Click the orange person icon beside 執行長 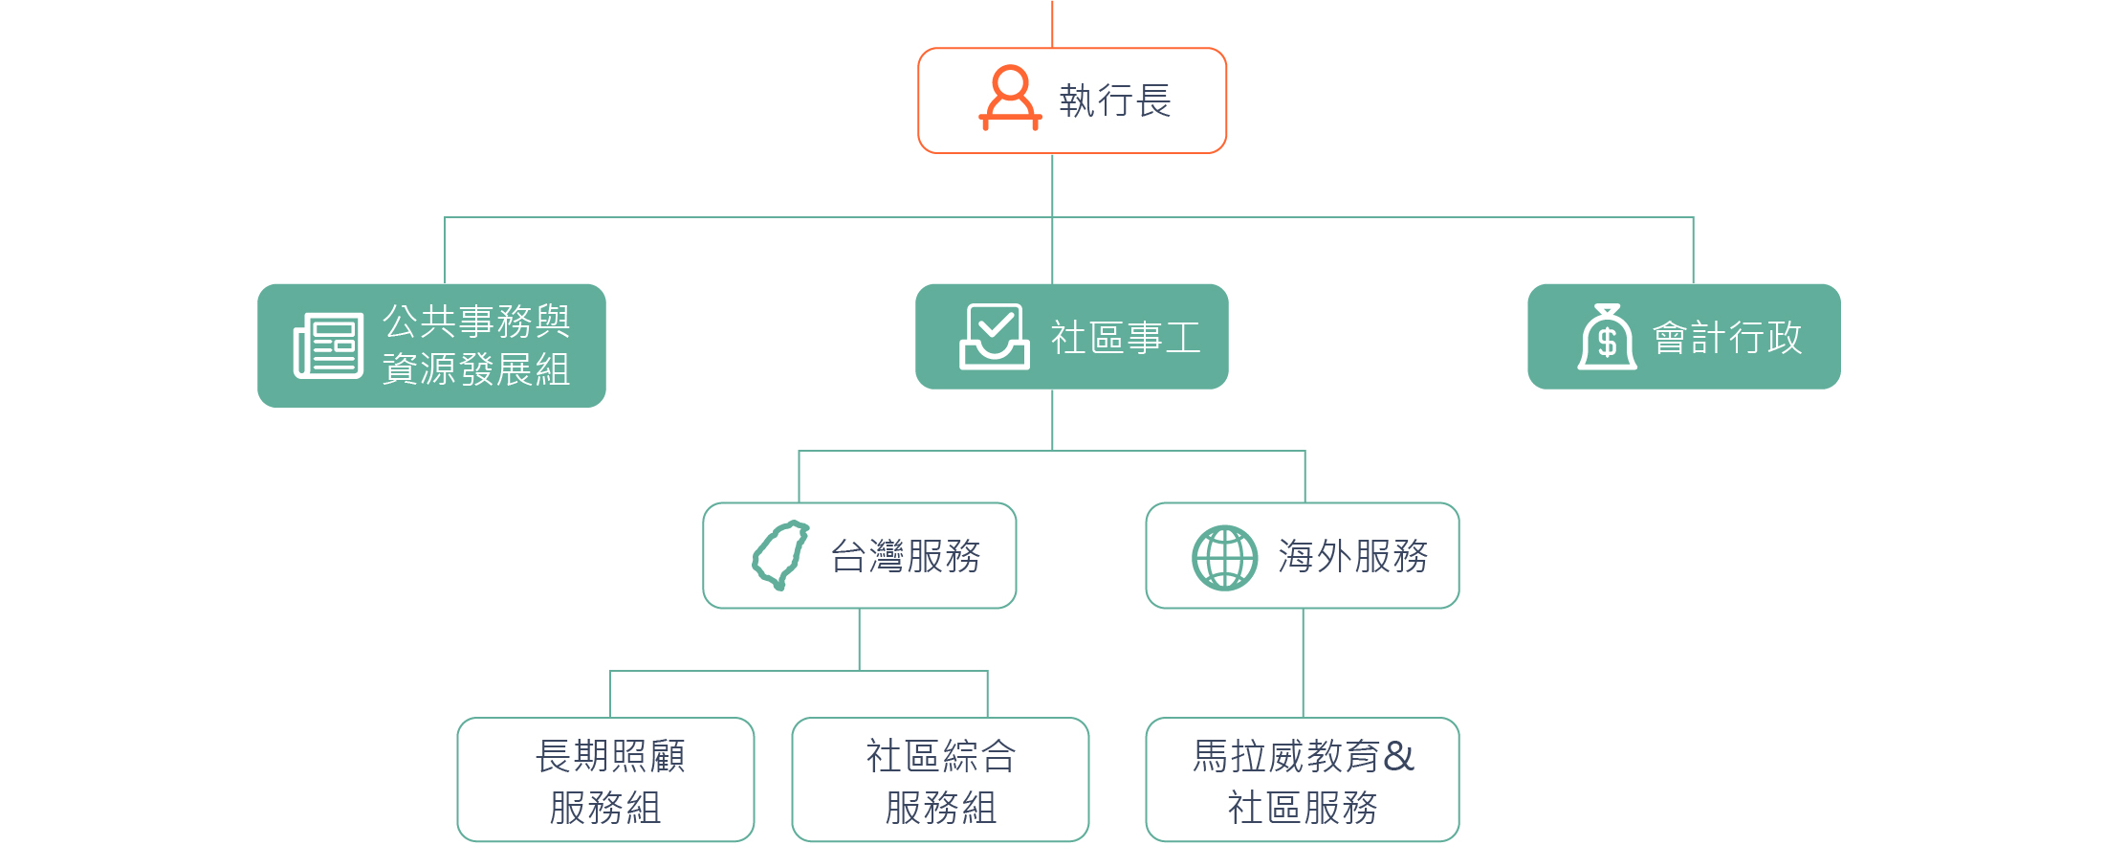[1010, 98]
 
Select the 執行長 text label [1115, 100]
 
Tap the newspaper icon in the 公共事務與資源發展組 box [328, 345]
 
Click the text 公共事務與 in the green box [476, 322]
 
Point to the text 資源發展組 [476, 369]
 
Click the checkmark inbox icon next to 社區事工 [995, 336]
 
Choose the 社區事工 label [1126, 338]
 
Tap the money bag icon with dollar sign [1608, 336]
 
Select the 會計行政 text [1727, 338]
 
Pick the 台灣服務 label [906, 556]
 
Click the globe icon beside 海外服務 [1224, 557]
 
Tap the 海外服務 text [1353, 556]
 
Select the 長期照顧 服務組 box [605, 779]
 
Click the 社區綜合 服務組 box [940, 779]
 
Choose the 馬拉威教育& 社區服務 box [1303, 779]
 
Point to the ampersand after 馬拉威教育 [1398, 756]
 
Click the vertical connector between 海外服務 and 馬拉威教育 [1304, 662]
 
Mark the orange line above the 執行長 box [1052, 24]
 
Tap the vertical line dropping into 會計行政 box [1693, 251]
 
